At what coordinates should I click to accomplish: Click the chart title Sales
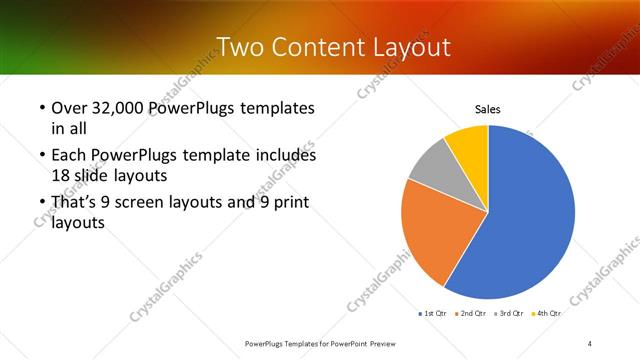tap(487, 109)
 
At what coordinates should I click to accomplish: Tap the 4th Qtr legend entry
tap(547, 314)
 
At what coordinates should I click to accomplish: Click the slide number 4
tap(590, 343)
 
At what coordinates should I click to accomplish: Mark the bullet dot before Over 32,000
tap(41, 107)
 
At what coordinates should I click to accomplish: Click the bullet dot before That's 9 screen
tap(41, 202)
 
